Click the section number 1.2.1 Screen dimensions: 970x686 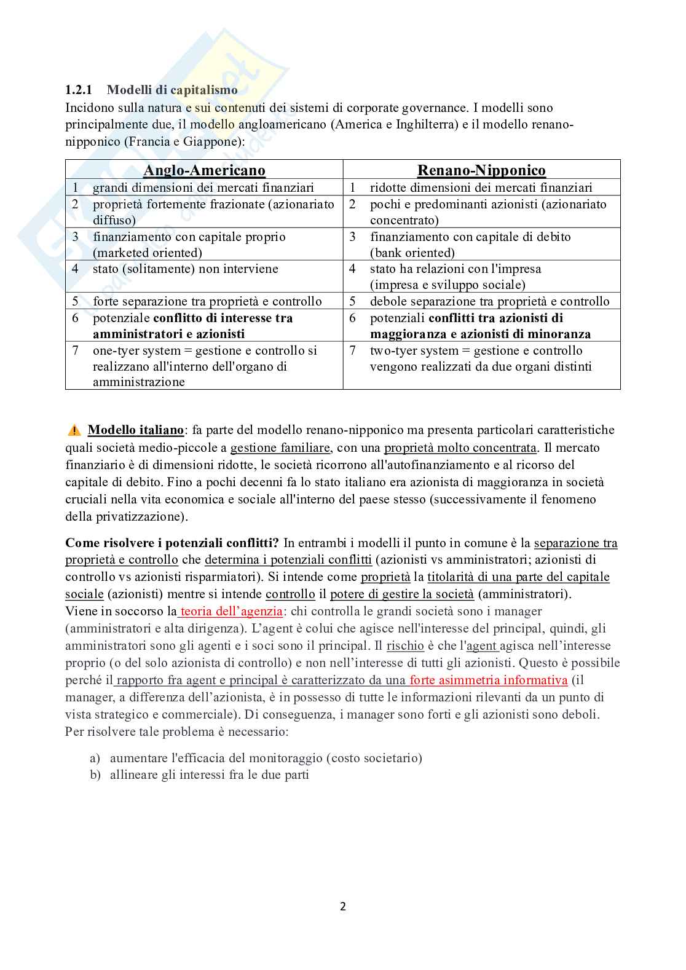[79, 90]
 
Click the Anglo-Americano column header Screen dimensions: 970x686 [204, 170]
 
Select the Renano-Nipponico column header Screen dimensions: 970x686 [481, 170]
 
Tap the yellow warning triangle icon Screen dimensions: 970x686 [74, 430]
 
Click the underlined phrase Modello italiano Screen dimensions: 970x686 [136, 430]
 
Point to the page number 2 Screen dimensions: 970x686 [343, 906]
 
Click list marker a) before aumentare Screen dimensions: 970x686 [95, 758]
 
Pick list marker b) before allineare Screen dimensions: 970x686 [95, 775]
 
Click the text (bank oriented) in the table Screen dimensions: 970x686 [412, 253]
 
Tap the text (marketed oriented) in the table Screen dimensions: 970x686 [148, 253]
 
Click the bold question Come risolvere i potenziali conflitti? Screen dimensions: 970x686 [172, 543]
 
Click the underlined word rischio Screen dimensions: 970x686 [405, 646]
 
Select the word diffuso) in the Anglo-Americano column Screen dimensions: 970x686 [114, 220]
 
